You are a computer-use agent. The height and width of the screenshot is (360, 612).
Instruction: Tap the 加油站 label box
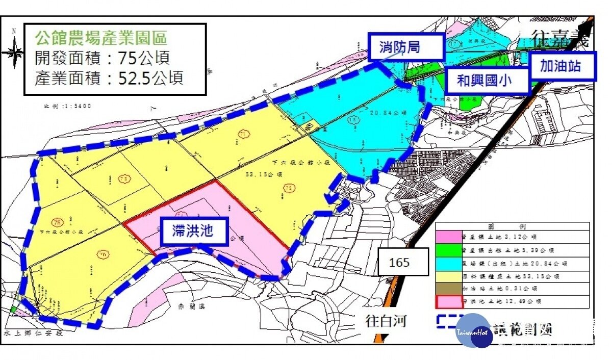pos(562,66)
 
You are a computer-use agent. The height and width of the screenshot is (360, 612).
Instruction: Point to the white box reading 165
pos(399,262)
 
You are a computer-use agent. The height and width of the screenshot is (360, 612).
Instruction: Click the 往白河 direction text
pos(387,322)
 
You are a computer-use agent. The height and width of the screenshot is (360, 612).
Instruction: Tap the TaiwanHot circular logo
pos(474,331)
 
